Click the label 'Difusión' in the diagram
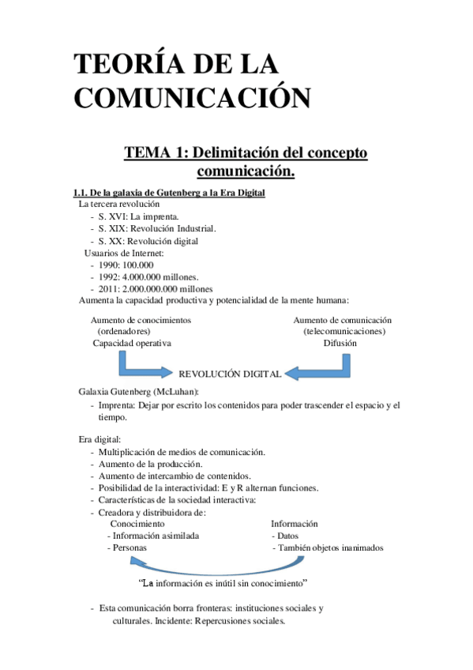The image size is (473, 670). [340, 343]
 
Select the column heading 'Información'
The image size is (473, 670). [295, 524]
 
